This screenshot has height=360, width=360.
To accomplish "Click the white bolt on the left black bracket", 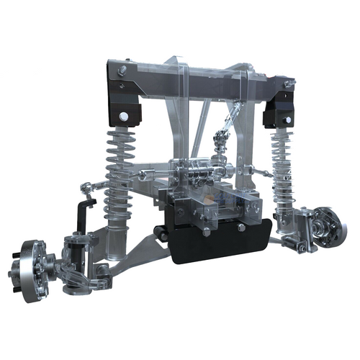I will pos(125,115).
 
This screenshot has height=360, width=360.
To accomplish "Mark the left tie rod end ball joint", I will pos(88,189).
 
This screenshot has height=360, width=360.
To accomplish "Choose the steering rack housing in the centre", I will pos(194,173).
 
